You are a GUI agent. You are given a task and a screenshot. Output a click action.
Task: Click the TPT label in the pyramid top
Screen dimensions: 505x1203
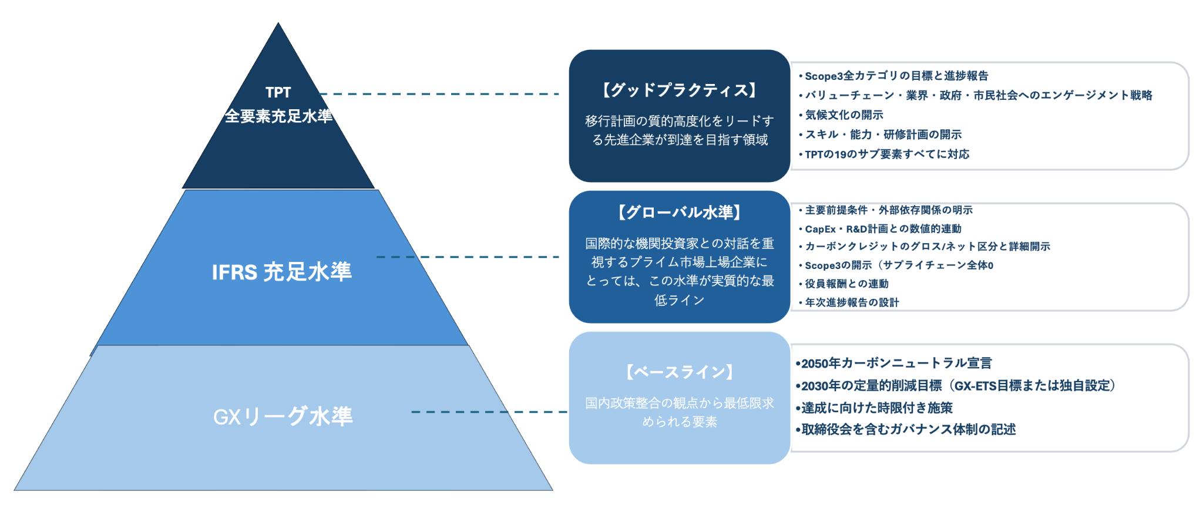[x=278, y=92]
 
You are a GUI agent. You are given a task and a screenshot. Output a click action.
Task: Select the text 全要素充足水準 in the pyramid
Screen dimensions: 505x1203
[x=278, y=116]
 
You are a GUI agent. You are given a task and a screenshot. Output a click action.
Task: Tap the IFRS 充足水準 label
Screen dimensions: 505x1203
[x=281, y=272]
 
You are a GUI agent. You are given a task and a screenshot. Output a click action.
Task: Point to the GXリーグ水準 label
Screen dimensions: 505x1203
[x=283, y=416]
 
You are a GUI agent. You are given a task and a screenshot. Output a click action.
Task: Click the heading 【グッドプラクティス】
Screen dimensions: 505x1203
[x=679, y=90]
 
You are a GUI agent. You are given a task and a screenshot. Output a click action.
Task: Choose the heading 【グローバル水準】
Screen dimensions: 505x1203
[x=679, y=212]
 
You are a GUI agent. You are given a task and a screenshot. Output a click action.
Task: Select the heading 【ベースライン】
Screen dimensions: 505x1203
[x=679, y=372]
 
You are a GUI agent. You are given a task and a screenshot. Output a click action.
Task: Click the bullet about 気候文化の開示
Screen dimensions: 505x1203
[x=844, y=115]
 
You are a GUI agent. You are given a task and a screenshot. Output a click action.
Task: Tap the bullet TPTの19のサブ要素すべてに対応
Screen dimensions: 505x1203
[x=886, y=154]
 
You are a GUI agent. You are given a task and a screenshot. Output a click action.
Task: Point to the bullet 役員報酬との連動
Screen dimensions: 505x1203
[x=846, y=284]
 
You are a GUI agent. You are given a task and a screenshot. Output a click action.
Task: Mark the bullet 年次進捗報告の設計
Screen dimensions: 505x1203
[x=851, y=302]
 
